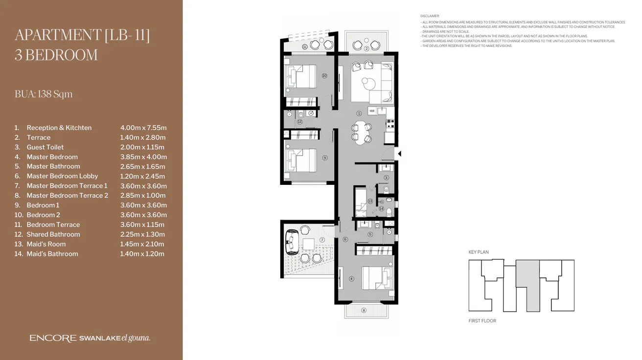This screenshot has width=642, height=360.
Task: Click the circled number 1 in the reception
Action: click(x=359, y=113)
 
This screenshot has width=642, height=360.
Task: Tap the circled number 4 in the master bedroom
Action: click(x=351, y=279)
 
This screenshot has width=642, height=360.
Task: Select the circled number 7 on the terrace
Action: click(x=322, y=240)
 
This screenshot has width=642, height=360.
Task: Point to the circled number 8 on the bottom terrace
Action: click(x=364, y=310)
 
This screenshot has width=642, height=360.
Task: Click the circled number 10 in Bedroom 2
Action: click(x=324, y=76)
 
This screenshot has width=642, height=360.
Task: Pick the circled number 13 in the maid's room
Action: click(x=370, y=201)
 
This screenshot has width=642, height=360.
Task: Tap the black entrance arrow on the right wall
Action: click(x=399, y=154)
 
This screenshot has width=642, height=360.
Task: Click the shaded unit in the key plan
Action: click(x=528, y=284)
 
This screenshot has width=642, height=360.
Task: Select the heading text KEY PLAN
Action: click(x=478, y=252)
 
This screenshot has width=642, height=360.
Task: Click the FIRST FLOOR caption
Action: click(x=482, y=321)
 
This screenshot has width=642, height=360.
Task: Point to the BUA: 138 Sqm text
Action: click(x=44, y=94)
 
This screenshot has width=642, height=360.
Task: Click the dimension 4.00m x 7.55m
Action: click(x=143, y=128)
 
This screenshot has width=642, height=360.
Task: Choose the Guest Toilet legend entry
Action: click(x=45, y=147)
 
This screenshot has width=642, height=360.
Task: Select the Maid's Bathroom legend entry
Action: click(x=52, y=254)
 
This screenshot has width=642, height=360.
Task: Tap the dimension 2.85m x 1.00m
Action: click(x=143, y=196)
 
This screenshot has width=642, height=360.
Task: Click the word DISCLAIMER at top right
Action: click(x=430, y=16)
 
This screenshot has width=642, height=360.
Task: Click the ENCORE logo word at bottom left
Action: click(x=52, y=338)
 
